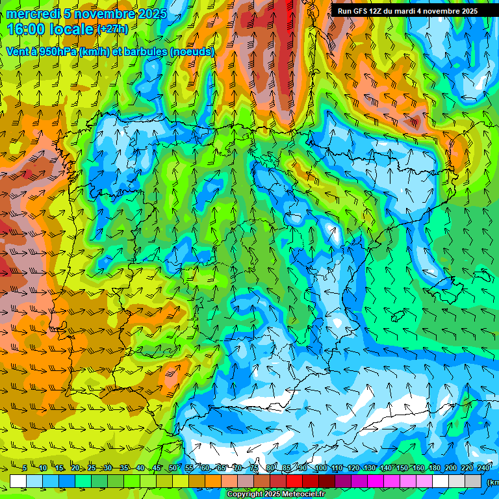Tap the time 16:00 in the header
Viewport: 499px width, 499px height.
(x=26, y=29)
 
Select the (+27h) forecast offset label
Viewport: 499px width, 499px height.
(x=112, y=29)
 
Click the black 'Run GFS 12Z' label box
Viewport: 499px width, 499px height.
(x=408, y=11)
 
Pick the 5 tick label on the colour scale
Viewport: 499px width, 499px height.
(x=24, y=468)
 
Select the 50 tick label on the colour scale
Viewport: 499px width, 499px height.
(x=172, y=468)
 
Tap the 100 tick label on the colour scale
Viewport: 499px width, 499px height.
(x=320, y=468)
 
